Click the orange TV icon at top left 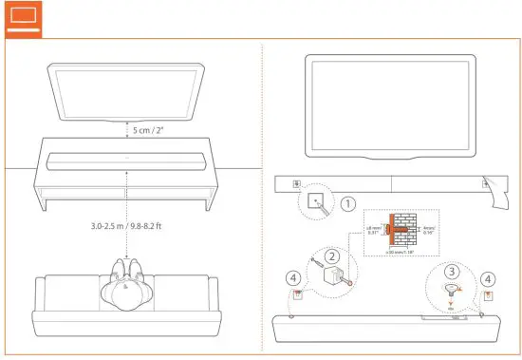22,18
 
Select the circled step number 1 348,203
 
